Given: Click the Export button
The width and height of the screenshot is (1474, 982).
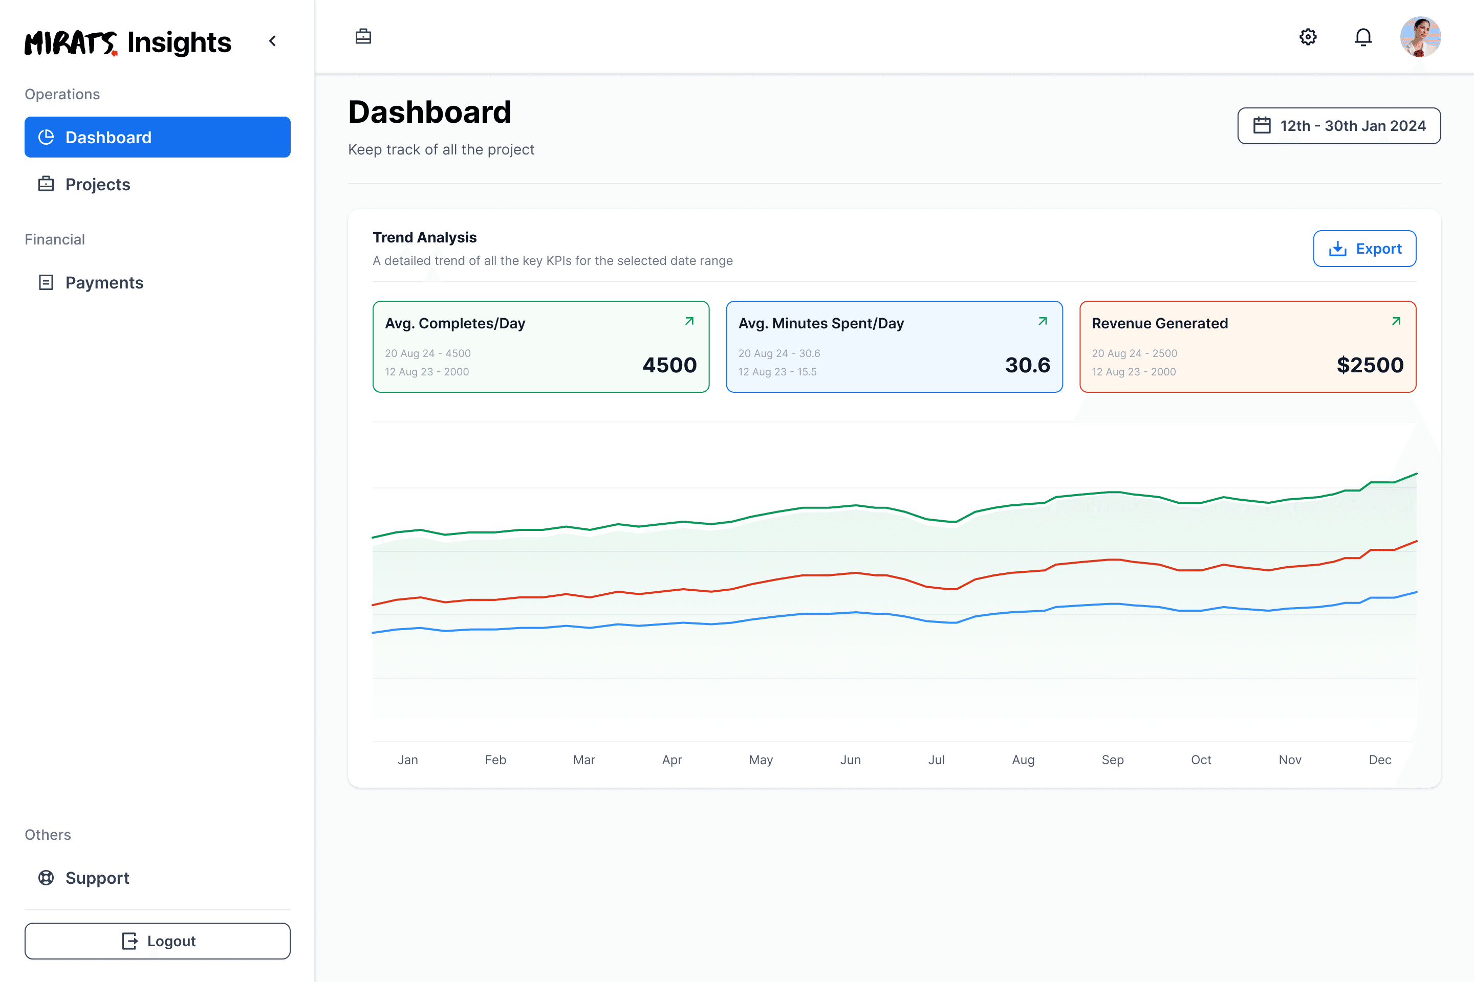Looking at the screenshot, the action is pos(1364,249).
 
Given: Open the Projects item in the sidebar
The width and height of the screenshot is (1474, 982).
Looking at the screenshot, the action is pos(98,184).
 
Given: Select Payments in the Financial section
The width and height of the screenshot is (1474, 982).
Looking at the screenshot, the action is pos(104,282).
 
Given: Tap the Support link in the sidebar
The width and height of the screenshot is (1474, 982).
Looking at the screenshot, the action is pos(97,878).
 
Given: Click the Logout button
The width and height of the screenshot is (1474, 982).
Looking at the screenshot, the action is pos(157,941).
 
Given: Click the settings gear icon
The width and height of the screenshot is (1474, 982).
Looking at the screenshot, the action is pos(1308,37).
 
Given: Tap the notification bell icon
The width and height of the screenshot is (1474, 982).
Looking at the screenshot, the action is pos(1363,37).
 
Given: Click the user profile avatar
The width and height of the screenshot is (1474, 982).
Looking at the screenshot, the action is pos(1420,37).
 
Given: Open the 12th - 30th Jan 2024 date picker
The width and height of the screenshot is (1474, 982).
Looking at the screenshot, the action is pos(1339,126).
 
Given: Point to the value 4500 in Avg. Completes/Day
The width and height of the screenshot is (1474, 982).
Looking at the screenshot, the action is pos(669,365).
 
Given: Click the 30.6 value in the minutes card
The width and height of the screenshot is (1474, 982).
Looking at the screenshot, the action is pos(1027,365).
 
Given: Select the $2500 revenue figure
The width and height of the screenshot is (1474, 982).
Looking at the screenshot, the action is pos(1370,365).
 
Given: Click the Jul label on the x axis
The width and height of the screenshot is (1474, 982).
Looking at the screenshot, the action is pos(936,760).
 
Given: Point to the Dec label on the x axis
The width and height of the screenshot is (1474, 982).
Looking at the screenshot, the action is pos(1380,760).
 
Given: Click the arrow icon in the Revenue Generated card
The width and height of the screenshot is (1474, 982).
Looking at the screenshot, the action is pos(1396,321).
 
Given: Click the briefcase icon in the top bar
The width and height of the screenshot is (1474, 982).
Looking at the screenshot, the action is pos(363,37).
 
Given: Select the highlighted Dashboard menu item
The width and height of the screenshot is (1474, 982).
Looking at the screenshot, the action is pos(157,137).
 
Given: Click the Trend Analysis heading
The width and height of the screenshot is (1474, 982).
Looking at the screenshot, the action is pos(424,237).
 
